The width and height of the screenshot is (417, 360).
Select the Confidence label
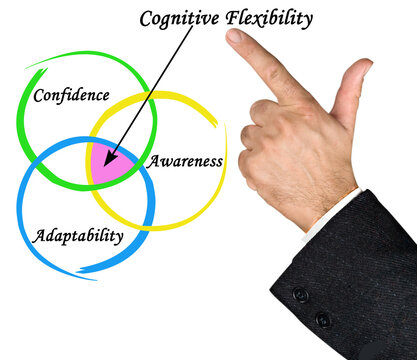71,96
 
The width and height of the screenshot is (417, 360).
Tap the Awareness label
185,160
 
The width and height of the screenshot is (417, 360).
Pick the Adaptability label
78,237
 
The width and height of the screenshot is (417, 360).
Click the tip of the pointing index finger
233,37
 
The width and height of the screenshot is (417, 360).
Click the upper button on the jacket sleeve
300,295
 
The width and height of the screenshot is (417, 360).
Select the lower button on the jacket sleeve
322,319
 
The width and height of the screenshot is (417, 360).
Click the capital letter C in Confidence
38,96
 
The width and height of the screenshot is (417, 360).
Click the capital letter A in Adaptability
38,237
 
